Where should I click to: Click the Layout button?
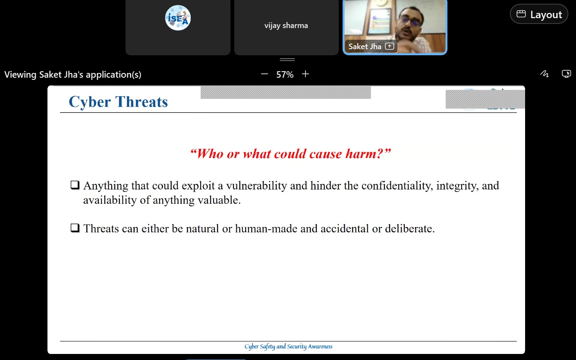pyautogui.click(x=539, y=14)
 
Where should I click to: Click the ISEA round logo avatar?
pyautogui.click(x=178, y=18)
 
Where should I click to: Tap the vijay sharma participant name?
pyautogui.click(x=286, y=25)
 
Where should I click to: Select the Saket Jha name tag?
pyautogui.click(x=365, y=47)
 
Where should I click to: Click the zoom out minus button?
pyautogui.click(x=264, y=74)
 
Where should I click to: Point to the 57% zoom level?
pyautogui.click(x=285, y=75)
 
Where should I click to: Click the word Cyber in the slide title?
pyautogui.click(x=90, y=102)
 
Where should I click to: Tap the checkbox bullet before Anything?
pyautogui.click(x=75, y=185)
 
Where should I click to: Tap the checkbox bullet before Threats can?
pyautogui.click(x=75, y=228)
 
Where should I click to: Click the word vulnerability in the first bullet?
pyautogui.click(x=256, y=186)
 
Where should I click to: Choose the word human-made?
pyautogui.click(x=266, y=228)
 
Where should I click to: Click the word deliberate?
pyautogui.click(x=409, y=228)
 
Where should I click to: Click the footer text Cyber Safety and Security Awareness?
pyautogui.click(x=288, y=347)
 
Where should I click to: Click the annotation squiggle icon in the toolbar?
pyautogui.click(x=545, y=74)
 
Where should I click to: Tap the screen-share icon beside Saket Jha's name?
pyautogui.click(x=390, y=46)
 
